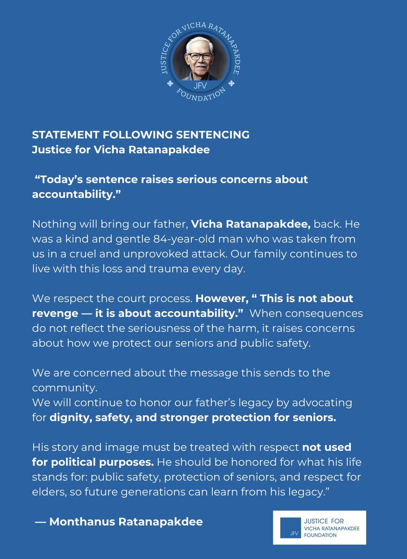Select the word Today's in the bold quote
pyautogui.click(x=59, y=179)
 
